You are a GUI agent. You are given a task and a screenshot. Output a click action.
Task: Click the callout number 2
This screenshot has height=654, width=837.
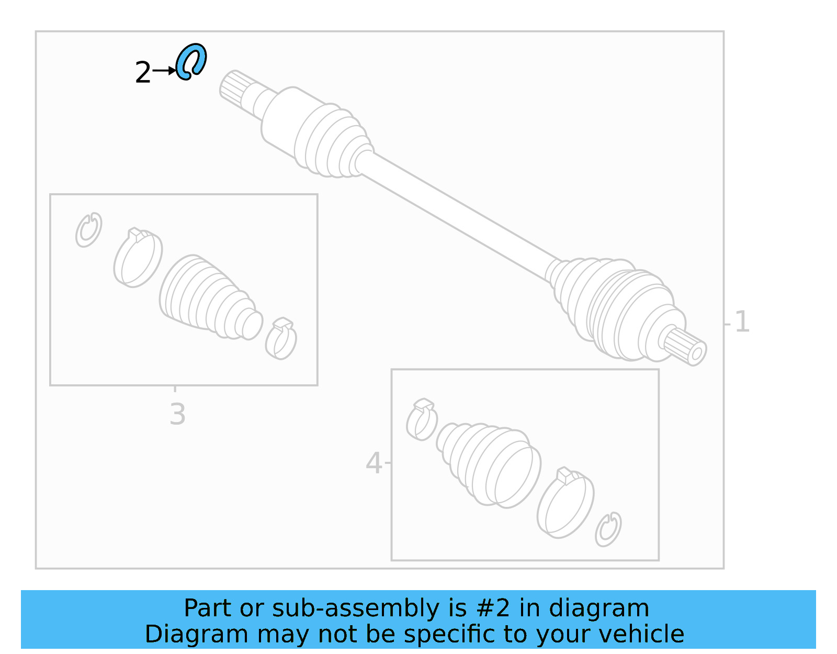point(142,73)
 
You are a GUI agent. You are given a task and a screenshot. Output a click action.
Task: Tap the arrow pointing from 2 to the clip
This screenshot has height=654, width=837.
point(165,70)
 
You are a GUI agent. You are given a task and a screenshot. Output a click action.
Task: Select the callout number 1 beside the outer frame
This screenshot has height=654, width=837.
point(742,322)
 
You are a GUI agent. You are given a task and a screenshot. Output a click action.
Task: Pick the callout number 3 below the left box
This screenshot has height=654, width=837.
point(177,414)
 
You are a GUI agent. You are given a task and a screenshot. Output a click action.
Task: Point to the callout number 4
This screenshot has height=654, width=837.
point(374,463)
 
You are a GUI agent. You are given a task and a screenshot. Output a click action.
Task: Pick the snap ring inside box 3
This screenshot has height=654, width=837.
point(88,230)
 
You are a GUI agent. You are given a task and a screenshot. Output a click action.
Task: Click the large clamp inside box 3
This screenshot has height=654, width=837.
point(138,258)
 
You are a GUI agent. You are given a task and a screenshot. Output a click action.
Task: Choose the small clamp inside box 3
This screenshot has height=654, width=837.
point(281,339)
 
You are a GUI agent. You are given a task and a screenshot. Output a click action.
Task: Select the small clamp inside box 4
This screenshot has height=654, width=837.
point(422,419)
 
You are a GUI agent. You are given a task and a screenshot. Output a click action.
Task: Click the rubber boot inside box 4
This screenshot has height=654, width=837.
point(489,463)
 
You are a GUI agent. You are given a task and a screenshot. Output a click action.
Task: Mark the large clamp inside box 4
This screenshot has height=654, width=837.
point(565,503)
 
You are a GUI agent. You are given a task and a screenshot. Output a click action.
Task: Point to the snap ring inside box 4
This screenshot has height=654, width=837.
point(608,529)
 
